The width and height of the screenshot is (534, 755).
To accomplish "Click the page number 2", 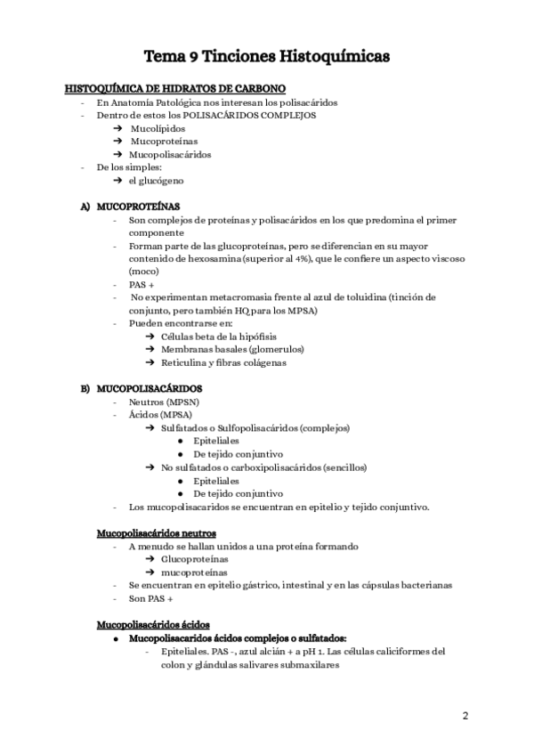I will click(x=465, y=715).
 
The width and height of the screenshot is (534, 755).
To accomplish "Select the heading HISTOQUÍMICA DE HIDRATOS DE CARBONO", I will click(x=175, y=89).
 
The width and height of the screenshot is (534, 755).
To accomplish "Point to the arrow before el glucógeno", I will click(x=117, y=181).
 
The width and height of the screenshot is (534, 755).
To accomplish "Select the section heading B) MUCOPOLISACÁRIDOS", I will click(x=142, y=388).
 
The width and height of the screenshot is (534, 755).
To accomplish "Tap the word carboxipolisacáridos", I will click(x=282, y=467).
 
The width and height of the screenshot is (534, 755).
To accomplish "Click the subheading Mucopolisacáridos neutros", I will click(x=156, y=532).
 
